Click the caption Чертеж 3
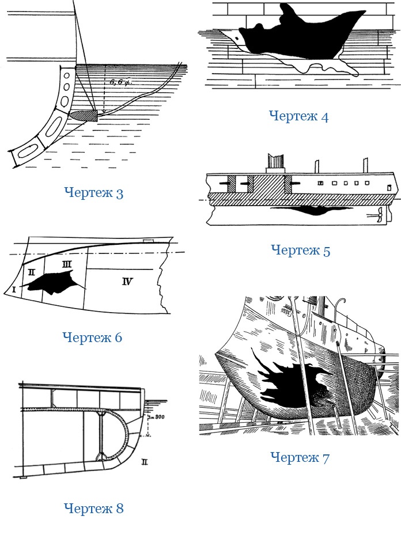pyautogui.click(x=93, y=192)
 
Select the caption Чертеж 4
pyautogui.click(x=298, y=116)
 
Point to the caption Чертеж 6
pyautogui.click(x=92, y=337)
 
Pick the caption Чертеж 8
pyautogui.click(x=93, y=509)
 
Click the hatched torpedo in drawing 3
pyautogui.click(x=84, y=115)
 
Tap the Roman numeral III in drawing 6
pyautogui.click(x=66, y=264)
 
